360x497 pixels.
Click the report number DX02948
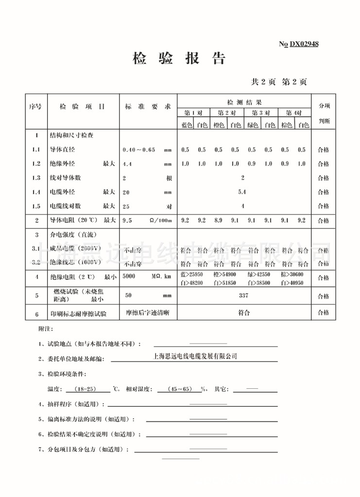(x=304, y=44)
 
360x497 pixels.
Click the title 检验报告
(x=179, y=59)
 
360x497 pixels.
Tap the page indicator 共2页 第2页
(x=278, y=82)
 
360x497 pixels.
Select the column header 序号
(x=35, y=106)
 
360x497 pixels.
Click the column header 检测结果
(x=244, y=102)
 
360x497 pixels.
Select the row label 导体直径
(x=62, y=149)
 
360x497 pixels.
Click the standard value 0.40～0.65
(x=139, y=150)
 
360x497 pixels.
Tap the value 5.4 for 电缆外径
(x=242, y=192)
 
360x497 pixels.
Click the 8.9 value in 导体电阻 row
(x=219, y=220)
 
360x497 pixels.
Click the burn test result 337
(x=243, y=295)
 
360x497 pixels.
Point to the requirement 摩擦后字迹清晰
(x=148, y=313)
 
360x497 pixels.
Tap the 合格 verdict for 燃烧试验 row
(x=323, y=296)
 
